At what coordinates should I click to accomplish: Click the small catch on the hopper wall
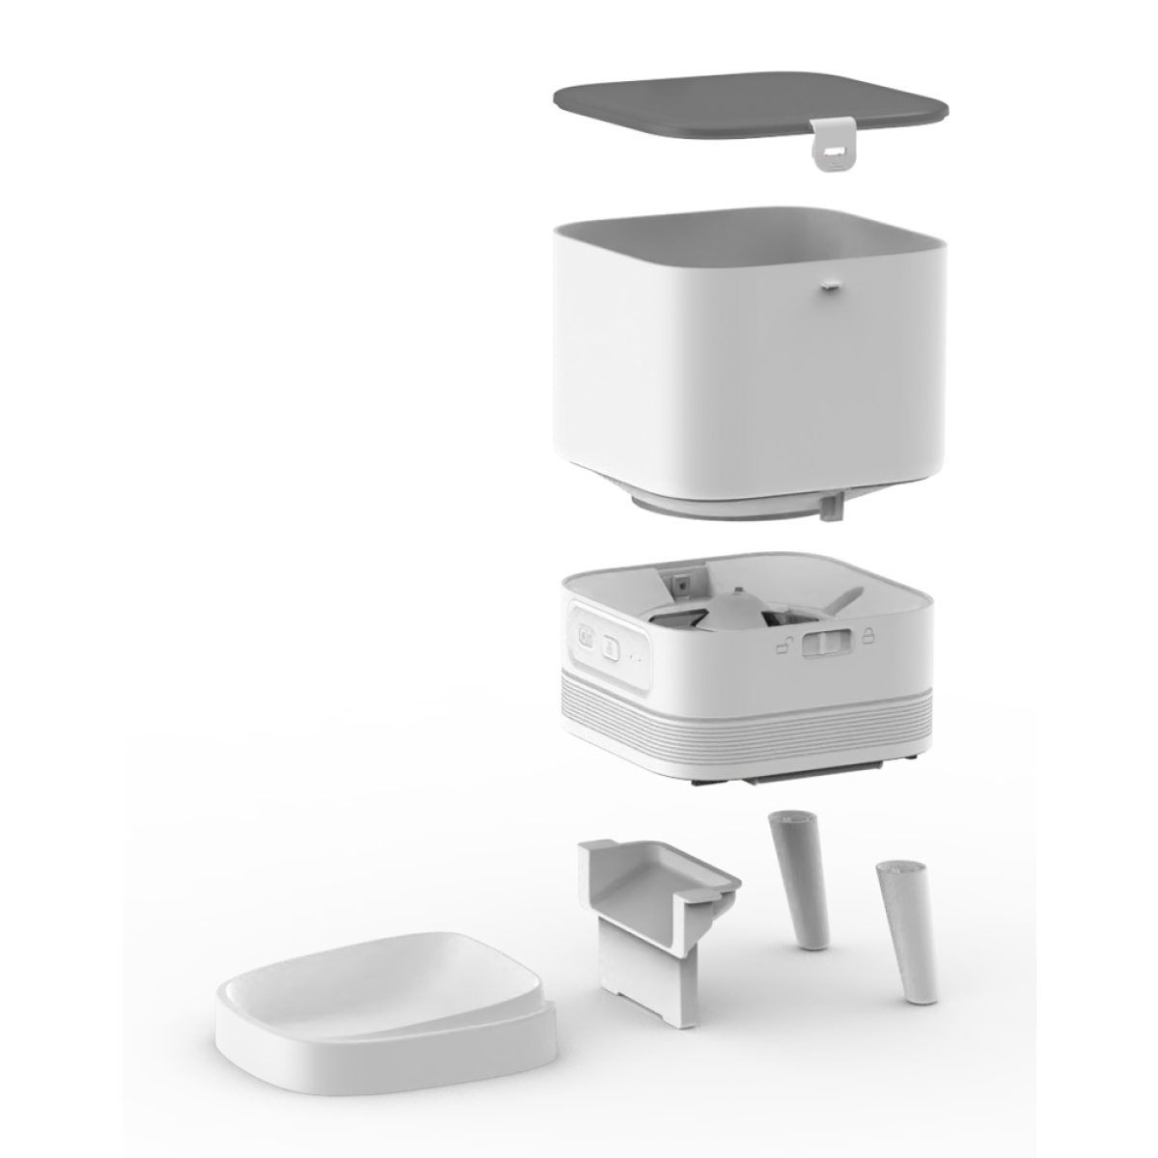click(x=829, y=284)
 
